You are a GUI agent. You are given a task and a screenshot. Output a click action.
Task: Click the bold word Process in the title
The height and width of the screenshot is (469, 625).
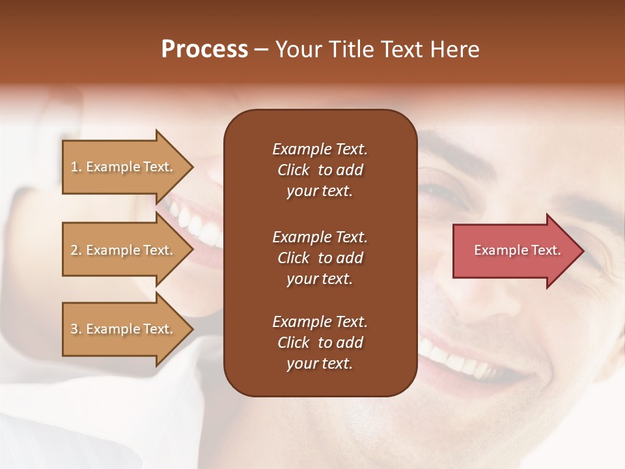click(204, 50)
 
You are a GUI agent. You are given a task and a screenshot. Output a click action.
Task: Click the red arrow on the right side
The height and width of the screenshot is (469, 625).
click(514, 251)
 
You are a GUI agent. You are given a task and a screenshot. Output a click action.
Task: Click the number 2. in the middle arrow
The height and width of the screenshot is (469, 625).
click(76, 250)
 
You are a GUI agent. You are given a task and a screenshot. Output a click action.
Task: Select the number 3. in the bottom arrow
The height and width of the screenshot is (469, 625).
click(76, 329)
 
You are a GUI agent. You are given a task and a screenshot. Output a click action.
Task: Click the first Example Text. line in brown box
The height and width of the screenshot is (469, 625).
click(320, 149)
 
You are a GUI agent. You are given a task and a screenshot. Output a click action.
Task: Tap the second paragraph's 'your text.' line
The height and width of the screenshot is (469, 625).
click(320, 279)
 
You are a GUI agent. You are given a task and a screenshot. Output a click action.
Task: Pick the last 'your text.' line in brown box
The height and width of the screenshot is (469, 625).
click(320, 364)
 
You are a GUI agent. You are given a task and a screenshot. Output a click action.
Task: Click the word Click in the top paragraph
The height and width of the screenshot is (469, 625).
click(294, 170)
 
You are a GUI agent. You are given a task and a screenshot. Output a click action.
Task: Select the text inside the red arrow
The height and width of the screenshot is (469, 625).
click(517, 250)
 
